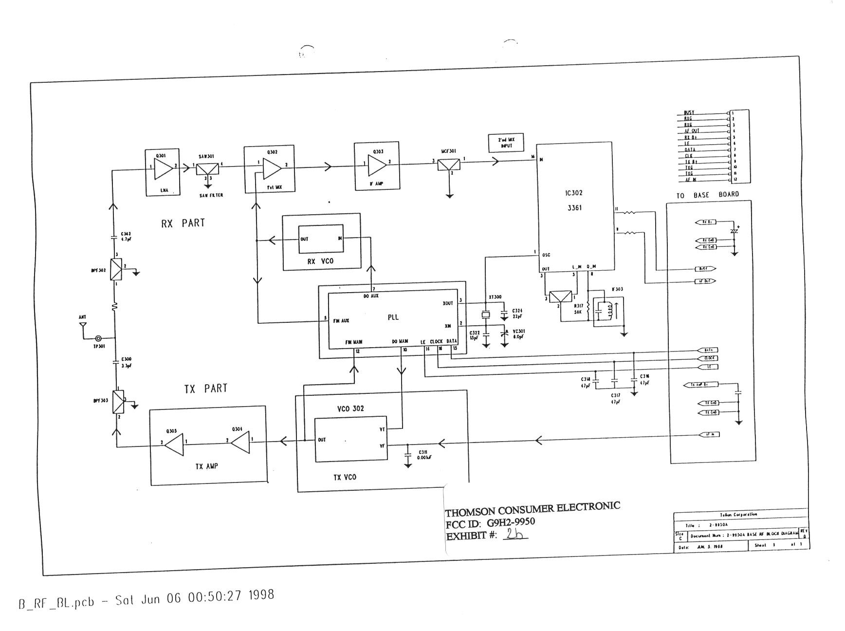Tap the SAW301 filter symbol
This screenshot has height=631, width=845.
point(208,168)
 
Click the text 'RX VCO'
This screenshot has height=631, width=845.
point(321,261)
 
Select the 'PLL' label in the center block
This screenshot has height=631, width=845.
point(393,317)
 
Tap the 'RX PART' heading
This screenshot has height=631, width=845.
point(183,223)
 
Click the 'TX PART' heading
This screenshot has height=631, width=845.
point(205,389)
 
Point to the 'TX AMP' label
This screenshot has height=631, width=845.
point(207,466)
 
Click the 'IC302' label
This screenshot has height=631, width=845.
point(574,193)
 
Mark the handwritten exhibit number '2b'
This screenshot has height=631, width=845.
point(514,534)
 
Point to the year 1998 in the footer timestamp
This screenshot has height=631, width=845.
point(261,595)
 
